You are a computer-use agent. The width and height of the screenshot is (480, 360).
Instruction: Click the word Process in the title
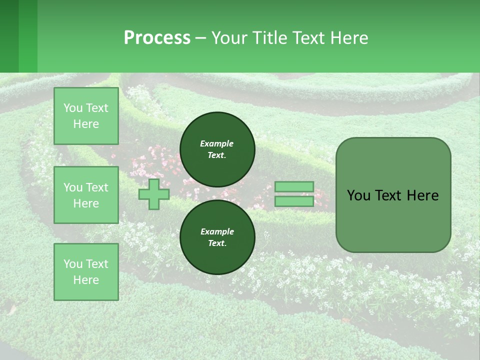pyautogui.click(x=157, y=38)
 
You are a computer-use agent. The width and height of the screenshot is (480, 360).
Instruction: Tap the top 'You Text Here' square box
pyautogui.click(x=86, y=116)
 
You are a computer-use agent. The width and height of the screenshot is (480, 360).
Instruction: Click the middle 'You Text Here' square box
pyautogui.click(x=86, y=195)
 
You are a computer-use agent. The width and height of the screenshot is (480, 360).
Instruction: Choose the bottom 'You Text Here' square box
pyautogui.click(x=86, y=272)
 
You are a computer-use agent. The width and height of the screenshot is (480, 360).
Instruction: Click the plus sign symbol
pyautogui.click(x=154, y=194)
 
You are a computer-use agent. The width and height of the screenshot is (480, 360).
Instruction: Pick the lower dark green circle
pyautogui.click(x=217, y=237)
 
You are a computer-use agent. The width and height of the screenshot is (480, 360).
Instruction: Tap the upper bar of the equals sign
pyautogui.click(x=294, y=186)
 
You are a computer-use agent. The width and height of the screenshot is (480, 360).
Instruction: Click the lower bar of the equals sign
pyautogui.click(x=294, y=201)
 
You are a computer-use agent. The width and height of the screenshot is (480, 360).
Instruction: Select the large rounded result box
pyautogui.click(x=393, y=195)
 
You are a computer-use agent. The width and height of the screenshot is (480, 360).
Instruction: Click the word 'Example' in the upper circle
pyautogui.click(x=217, y=143)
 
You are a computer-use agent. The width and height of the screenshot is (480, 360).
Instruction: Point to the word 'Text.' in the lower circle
pyautogui.click(x=217, y=243)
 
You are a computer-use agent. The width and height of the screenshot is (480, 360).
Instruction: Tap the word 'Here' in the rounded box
pyautogui.click(x=422, y=195)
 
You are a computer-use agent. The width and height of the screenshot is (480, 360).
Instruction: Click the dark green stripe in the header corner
pyautogui.click(x=9, y=36)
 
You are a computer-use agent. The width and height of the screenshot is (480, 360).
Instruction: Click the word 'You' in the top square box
pyautogui.click(x=73, y=108)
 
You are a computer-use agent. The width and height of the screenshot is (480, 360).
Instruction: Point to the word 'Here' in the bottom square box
pyautogui.click(x=86, y=280)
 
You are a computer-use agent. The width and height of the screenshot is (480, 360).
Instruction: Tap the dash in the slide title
pyautogui.click(x=201, y=38)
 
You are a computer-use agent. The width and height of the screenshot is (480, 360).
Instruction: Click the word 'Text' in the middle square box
pyautogui.click(x=96, y=187)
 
